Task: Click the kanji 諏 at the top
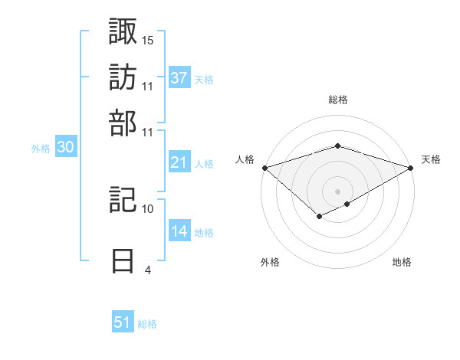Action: pyautogui.click(x=124, y=31)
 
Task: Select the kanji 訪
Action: pyautogui.click(x=124, y=77)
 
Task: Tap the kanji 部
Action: pyautogui.click(x=124, y=122)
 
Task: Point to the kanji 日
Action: pyautogui.click(x=124, y=260)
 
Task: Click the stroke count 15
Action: pyautogui.click(x=148, y=40)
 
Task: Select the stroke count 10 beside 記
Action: pyautogui.click(x=148, y=208)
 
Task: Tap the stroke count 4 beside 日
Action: pyautogui.click(x=147, y=270)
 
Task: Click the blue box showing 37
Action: pyautogui.click(x=179, y=78)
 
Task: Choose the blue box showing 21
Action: pyautogui.click(x=179, y=162)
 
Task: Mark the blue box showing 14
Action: pyautogui.click(x=179, y=231)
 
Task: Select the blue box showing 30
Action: pyautogui.click(x=65, y=148)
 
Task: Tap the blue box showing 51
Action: pyautogui.click(x=123, y=322)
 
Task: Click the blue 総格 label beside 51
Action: pyautogui.click(x=147, y=324)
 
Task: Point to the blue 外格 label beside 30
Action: pyautogui.click(x=41, y=149)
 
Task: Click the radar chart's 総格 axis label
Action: pyautogui.click(x=337, y=100)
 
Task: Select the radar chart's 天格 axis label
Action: pyautogui.click(x=431, y=159)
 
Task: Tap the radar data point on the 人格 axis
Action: pyautogui.click(x=264, y=167)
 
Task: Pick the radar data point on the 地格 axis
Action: pyautogui.click(x=347, y=204)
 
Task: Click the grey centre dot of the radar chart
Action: pyautogui.click(x=337, y=191)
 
